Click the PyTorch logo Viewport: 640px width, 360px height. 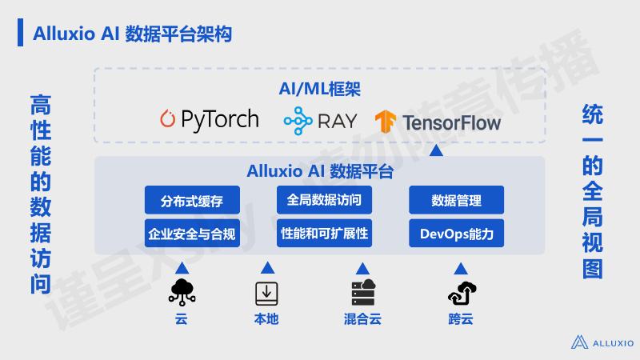(209, 120)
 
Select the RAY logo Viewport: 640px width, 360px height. (319, 121)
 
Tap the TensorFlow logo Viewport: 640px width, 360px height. (438, 122)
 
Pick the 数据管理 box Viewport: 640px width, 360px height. (456, 200)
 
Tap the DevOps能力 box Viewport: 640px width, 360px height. (456, 234)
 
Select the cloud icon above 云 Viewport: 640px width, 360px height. (182, 293)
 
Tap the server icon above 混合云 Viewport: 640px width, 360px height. (363, 293)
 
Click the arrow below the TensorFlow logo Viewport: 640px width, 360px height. (435, 150)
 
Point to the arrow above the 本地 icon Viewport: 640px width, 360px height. (266, 267)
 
